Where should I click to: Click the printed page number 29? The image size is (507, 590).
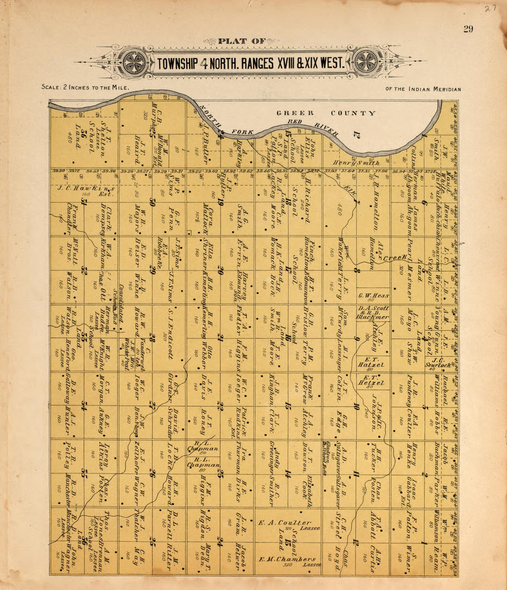(468, 29)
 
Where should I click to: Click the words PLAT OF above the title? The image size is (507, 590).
(242, 41)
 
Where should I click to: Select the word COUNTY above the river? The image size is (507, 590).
(353, 113)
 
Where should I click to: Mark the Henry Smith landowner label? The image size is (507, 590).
(356, 163)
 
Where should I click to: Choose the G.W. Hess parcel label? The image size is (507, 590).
(373, 296)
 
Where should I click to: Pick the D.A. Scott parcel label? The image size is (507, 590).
(373, 309)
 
